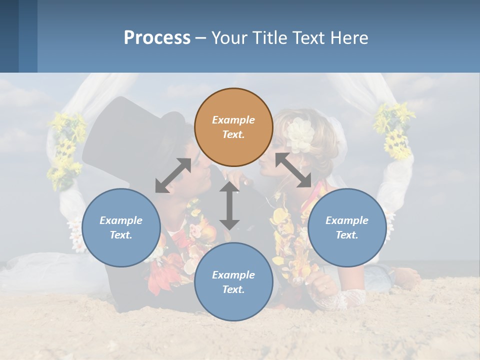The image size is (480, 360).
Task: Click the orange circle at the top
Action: (233, 127)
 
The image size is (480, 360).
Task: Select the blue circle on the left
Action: (121, 227)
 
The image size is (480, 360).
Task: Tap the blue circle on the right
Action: (347, 227)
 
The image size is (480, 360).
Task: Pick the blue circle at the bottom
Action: (233, 281)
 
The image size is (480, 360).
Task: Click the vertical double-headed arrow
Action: (229, 205)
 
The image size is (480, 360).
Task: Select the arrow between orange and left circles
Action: (173, 175)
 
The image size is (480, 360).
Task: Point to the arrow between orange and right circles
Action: (293, 170)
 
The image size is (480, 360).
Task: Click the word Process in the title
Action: (157, 38)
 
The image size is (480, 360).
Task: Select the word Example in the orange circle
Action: (233, 120)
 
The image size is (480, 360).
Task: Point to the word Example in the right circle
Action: (347, 220)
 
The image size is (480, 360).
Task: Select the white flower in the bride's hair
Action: (300, 134)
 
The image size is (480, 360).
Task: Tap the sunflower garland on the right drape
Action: (395, 130)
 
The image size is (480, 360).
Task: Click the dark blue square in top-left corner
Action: (9, 36)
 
